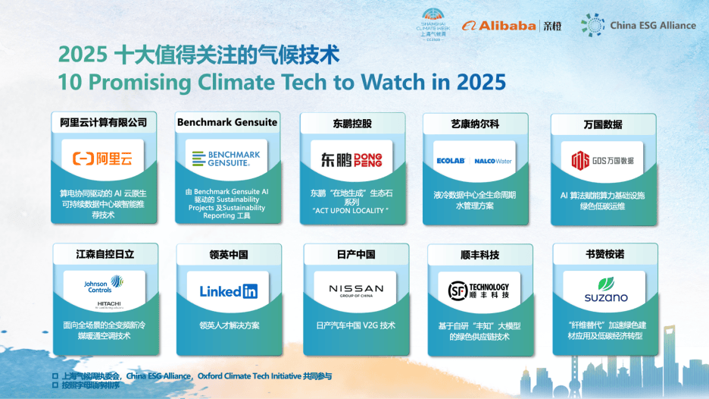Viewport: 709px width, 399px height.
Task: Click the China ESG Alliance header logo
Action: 638,25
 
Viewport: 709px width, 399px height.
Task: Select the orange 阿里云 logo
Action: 102,159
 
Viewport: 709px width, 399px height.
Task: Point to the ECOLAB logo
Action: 450,161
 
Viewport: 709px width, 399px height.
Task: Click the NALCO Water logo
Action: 493,161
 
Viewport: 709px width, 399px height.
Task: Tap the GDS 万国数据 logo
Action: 602,160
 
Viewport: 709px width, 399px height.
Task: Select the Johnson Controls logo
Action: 103,284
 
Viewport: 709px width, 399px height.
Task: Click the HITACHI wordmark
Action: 103,304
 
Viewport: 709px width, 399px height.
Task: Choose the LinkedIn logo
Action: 228,291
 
